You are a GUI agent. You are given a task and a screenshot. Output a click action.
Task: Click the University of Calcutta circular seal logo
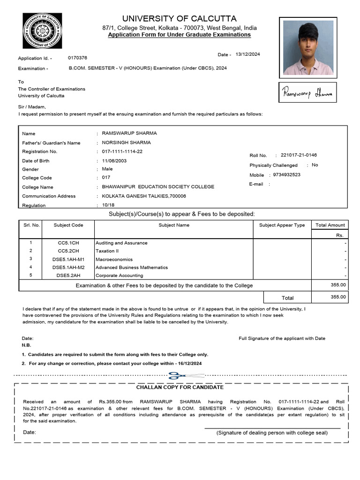(x=42, y=31)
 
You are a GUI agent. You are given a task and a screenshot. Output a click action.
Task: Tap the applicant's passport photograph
(x=307, y=47)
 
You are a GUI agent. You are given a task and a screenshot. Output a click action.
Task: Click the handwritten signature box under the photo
(x=307, y=93)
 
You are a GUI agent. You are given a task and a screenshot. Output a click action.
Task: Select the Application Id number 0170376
(x=77, y=58)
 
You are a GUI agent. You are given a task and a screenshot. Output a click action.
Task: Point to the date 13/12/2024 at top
(x=247, y=54)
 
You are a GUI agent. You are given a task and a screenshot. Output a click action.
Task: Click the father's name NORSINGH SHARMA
(x=126, y=142)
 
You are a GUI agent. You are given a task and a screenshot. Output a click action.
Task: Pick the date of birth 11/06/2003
(x=114, y=160)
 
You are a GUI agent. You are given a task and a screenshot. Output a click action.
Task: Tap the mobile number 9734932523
(x=287, y=174)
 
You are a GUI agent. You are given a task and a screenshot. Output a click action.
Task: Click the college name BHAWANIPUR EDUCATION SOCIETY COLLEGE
(x=158, y=187)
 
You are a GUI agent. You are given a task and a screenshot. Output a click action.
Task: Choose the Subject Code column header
(x=68, y=225)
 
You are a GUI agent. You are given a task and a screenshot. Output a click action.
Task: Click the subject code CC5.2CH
(x=68, y=251)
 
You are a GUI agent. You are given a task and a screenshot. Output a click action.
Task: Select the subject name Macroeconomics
(x=114, y=259)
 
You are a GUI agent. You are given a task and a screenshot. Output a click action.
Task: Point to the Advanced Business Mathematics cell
(x=132, y=267)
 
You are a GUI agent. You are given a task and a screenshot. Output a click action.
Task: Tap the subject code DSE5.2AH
(x=68, y=276)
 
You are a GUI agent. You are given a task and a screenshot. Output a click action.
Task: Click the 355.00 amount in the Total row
(x=338, y=297)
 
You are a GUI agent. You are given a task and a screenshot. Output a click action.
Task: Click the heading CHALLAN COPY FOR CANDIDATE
(x=180, y=387)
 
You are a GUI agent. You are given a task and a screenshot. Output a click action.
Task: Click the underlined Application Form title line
(x=179, y=35)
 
